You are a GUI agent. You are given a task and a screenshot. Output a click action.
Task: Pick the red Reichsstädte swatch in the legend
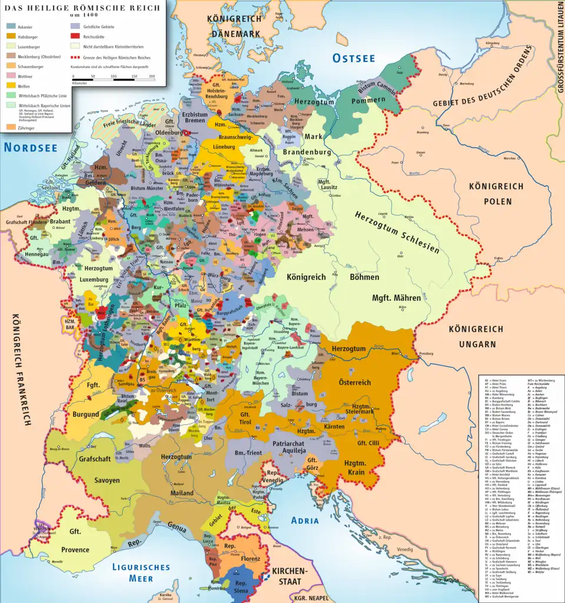pyautogui.click(x=75, y=37)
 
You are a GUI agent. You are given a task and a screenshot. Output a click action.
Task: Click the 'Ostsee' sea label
pyautogui.click(x=353, y=58)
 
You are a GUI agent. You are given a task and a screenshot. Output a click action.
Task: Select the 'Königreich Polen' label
pyautogui.click(x=496, y=194)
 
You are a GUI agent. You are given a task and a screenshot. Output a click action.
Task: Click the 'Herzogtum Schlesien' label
pyautogui.click(x=397, y=232)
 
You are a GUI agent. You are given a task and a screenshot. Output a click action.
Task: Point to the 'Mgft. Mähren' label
pyautogui.click(x=396, y=298)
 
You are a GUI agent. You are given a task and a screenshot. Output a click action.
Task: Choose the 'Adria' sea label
pyautogui.click(x=304, y=520)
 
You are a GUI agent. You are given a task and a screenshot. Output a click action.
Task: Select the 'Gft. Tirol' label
pyautogui.click(x=245, y=422)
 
